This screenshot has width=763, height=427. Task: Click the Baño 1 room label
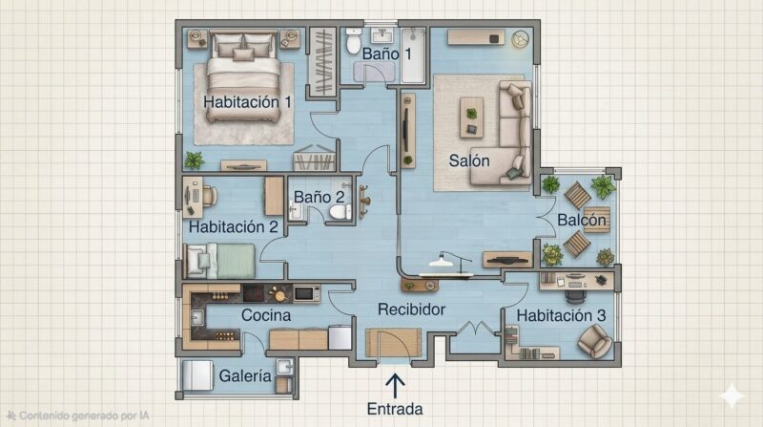click(x=387, y=53)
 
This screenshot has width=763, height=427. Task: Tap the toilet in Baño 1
click(x=353, y=41)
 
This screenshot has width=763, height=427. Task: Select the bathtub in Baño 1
click(x=413, y=54)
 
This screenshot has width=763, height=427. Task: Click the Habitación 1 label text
click(x=247, y=102)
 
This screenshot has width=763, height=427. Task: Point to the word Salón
click(x=469, y=160)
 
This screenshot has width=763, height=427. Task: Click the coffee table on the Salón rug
click(x=471, y=117)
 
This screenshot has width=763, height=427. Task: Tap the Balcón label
click(x=582, y=220)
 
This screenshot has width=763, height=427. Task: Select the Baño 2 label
click(x=320, y=197)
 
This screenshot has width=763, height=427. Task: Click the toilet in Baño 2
click(x=340, y=212)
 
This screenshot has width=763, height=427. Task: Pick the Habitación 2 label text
click(x=234, y=226)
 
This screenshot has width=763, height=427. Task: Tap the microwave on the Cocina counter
click(x=306, y=293)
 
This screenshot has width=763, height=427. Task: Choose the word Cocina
click(x=266, y=315)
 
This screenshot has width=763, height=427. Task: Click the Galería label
click(x=245, y=375)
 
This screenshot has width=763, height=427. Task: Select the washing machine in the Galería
click(x=197, y=375)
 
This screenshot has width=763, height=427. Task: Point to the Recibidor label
click(x=412, y=310)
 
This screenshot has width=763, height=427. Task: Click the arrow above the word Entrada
click(x=395, y=386)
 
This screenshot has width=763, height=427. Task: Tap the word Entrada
click(x=395, y=409)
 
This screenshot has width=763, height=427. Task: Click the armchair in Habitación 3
click(x=594, y=340)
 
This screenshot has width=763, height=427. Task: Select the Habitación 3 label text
click(x=561, y=315)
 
